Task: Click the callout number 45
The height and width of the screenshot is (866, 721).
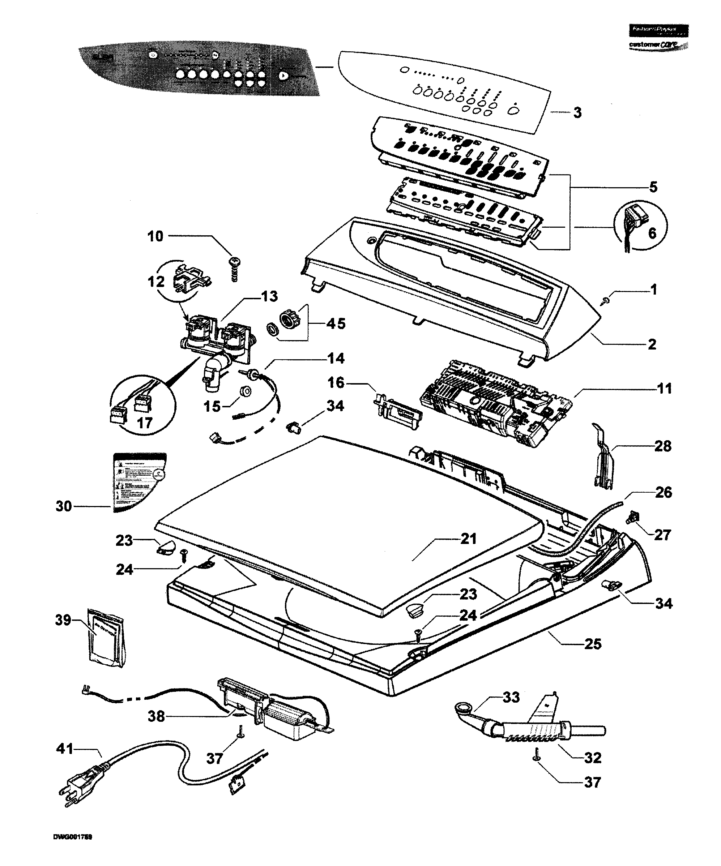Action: tap(336, 324)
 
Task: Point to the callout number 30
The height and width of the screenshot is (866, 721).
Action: tap(64, 506)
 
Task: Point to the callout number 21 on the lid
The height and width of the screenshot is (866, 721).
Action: tap(468, 539)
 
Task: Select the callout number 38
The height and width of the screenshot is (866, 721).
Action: tap(157, 716)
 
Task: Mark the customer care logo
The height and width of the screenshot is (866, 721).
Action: tap(659, 44)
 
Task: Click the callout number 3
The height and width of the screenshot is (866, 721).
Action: tap(577, 112)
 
